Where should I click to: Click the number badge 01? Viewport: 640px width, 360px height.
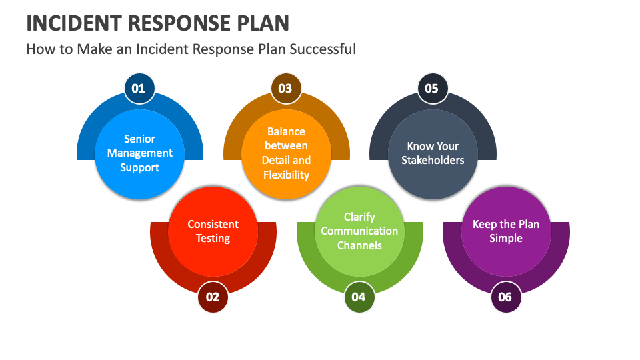click(x=139, y=88)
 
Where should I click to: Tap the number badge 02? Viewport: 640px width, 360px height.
click(x=213, y=297)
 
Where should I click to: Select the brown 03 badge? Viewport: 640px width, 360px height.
click(x=286, y=88)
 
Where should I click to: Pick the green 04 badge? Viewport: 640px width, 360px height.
click(x=359, y=297)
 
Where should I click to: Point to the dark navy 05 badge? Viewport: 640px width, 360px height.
click(x=432, y=88)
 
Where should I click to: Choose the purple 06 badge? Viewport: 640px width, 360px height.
click(x=506, y=297)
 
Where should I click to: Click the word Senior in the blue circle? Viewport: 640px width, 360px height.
click(x=139, y=139)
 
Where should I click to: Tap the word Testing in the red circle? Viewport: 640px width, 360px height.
click(x=213, y=239)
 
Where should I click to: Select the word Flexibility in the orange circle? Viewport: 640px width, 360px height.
click(x=286, y=175)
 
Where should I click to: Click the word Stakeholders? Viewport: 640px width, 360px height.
click(x=433, y=160)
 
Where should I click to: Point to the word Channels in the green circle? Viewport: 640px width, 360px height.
click(x=359, y=245)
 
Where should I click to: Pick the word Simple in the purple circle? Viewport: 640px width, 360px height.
click(x=506, y=239)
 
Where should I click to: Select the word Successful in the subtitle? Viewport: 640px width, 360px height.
click(x=323, y=49)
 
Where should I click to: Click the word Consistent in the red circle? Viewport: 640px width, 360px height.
click(x=213, y=224)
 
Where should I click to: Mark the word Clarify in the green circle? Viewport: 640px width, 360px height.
click(x=359, y=217)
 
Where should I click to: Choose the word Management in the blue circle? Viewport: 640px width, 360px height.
click(x=139, y=153)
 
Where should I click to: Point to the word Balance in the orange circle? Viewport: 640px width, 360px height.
click(x=286, y=131)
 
